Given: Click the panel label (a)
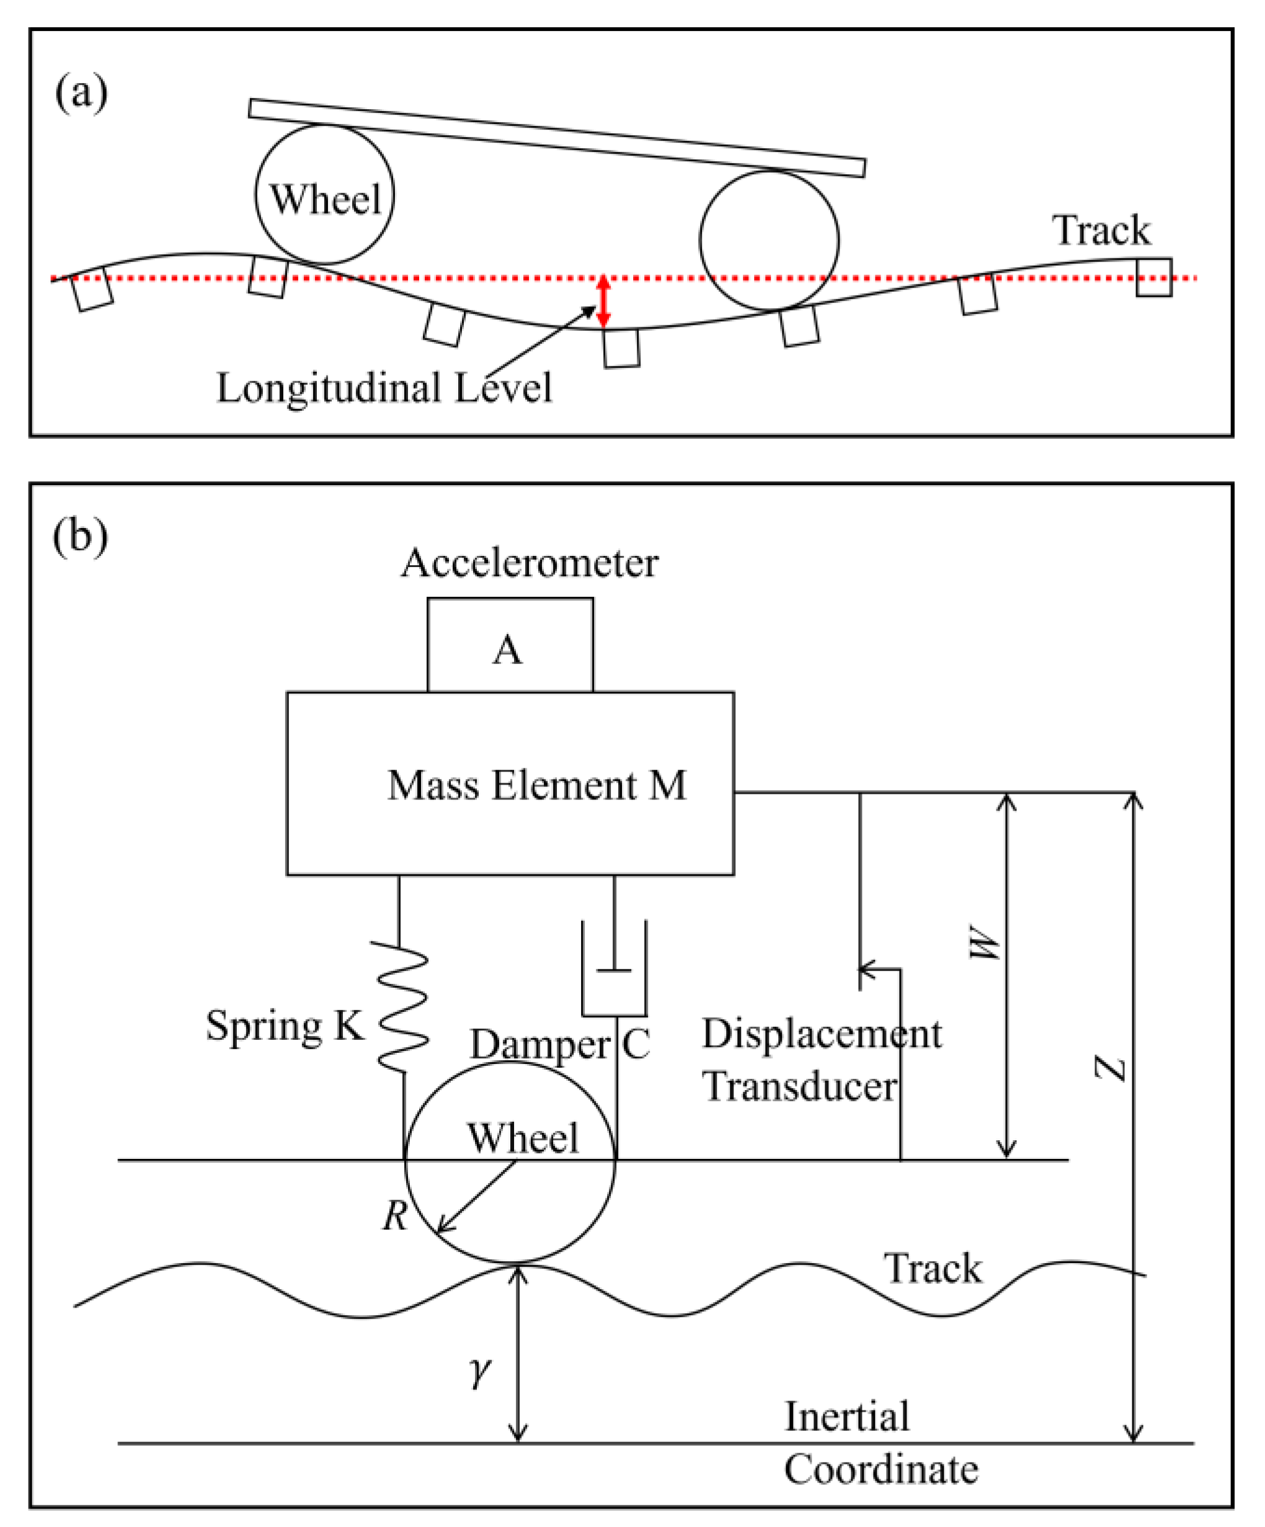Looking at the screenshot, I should point(81,94).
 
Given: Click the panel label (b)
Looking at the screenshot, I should point(80,537).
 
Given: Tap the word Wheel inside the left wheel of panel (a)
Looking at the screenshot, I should point(325,199).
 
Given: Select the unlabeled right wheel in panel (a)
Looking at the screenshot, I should point(769,240).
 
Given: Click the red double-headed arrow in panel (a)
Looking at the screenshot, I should point(603,301).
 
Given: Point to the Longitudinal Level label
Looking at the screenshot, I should point(384,387).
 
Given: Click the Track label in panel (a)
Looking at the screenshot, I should point(1101,231).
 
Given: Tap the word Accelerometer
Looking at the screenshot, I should point(529,563).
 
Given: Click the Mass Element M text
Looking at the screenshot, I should point(537,786).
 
